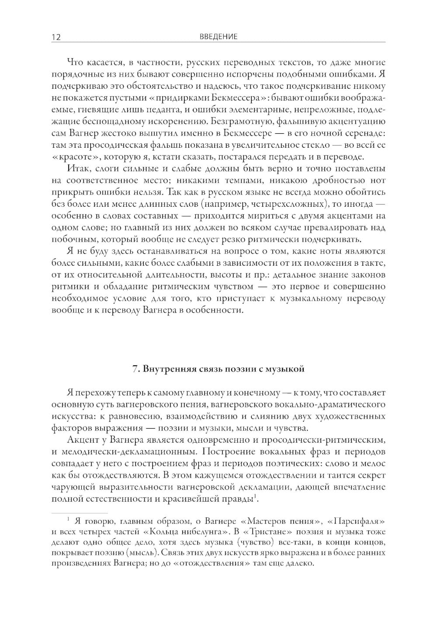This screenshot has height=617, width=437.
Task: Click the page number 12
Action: coord(56,37)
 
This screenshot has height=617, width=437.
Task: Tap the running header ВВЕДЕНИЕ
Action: coord(218,37)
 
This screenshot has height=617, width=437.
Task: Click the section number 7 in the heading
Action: coord(135,369)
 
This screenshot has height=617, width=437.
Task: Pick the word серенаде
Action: coord(364,133)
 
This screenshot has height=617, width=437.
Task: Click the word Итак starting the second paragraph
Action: coord(77,169)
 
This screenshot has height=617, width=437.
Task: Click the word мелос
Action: coord(375,463)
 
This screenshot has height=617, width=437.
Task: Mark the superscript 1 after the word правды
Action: coord(255,496)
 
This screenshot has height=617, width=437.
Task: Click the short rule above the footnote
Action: coord(80,513)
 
